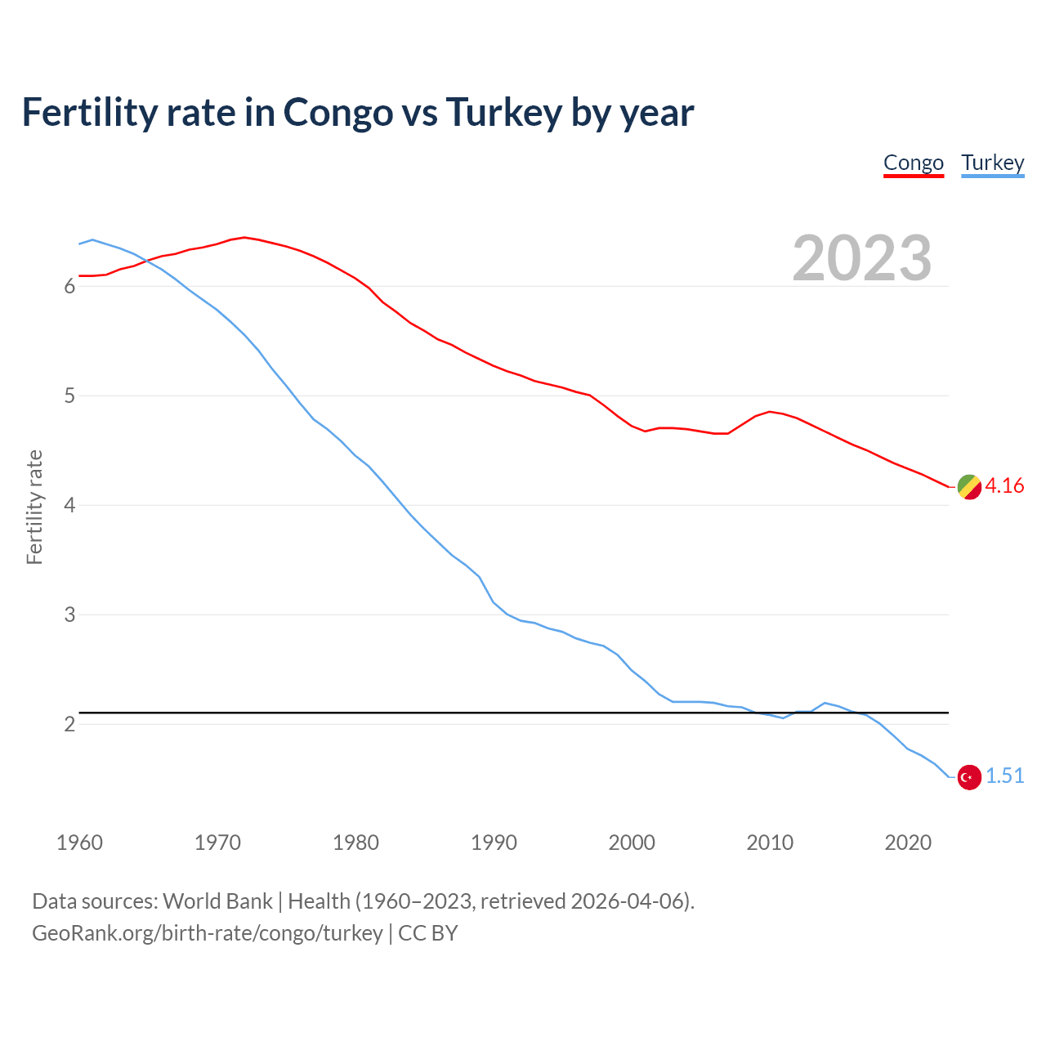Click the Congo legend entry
point(914,163)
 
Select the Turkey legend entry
point(993,163)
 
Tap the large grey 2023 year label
point(862,258)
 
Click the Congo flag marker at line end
point(969,486)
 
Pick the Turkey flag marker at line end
point(969,777)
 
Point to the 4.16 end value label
point(1004,486)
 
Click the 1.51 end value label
point(1004,776)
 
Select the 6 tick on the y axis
point(69,287)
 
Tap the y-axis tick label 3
point(69,615)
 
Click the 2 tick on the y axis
point(69,724)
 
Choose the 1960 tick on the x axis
point(79,843)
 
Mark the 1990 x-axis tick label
point(494,843)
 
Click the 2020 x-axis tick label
point(908,843)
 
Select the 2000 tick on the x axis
point(632,843)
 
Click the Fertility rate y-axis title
point(34,507)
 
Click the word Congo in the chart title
point(337,113)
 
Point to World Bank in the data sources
point(217,901)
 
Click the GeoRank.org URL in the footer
point(207,933)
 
